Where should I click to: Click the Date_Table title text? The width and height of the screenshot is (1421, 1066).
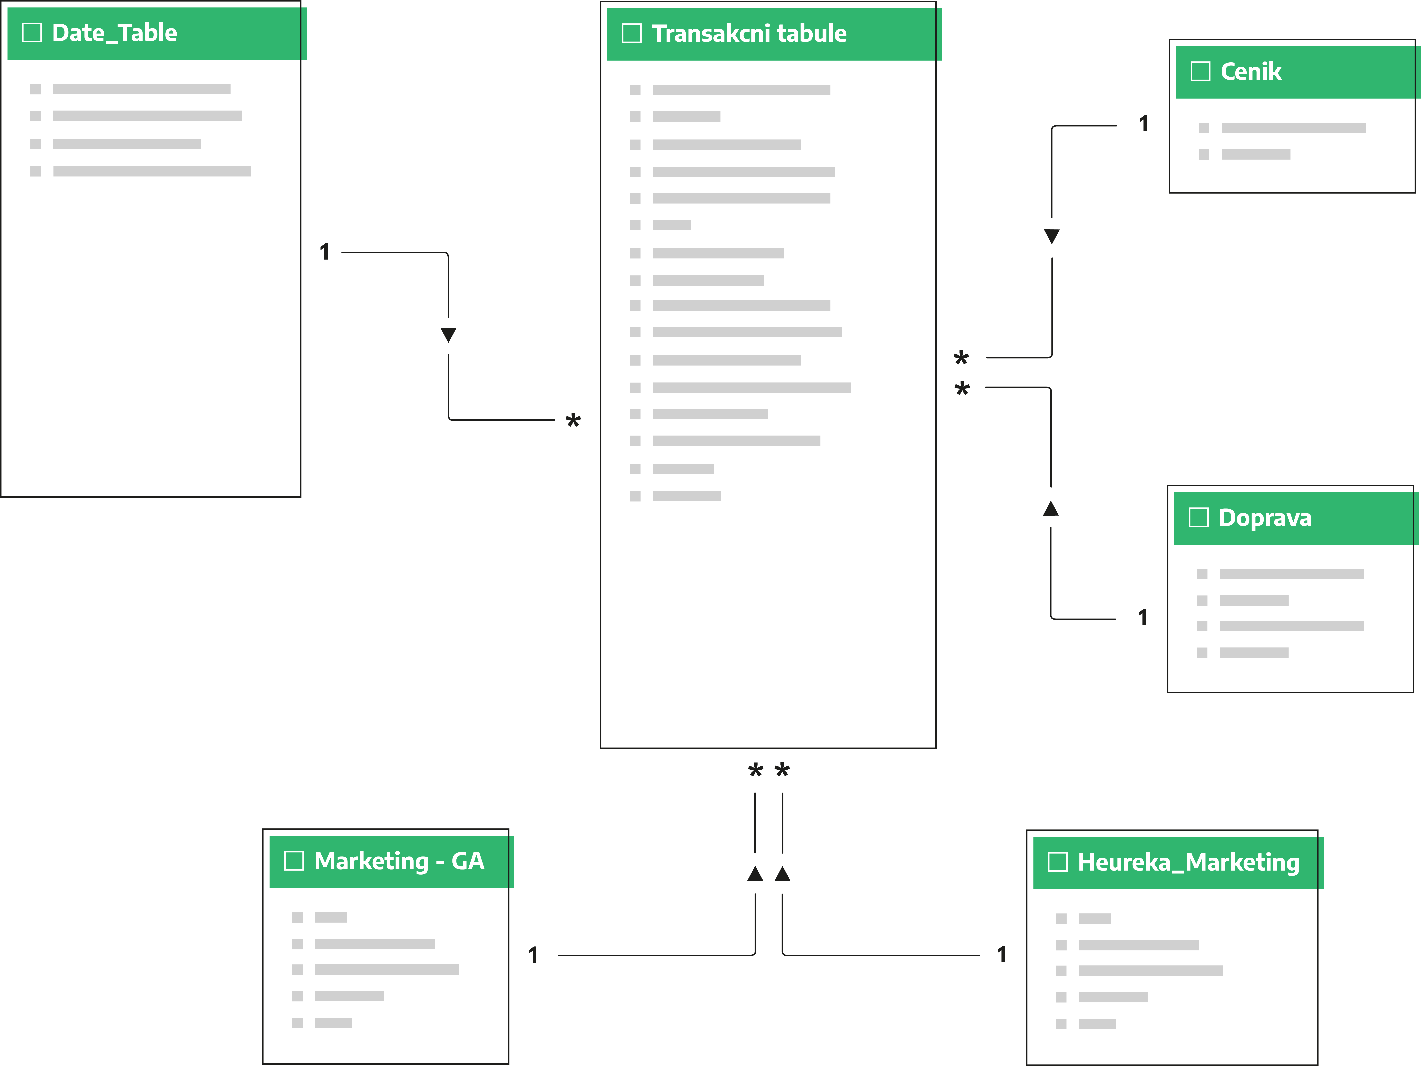coord(114,33)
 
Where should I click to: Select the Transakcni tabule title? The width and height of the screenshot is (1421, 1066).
coord(749,33)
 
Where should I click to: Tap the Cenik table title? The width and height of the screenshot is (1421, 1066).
coord(1251,71)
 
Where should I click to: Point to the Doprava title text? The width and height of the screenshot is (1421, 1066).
coord(1265,518)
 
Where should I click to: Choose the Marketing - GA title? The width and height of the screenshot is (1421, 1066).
coord(399,861)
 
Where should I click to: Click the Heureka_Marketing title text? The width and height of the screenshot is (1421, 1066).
coord(1188,862)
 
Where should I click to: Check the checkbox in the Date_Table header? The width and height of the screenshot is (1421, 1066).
coord(32,32)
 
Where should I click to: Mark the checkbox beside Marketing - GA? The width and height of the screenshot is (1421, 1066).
coord(294,860)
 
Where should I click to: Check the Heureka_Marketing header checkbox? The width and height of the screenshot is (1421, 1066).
coord(1057,862)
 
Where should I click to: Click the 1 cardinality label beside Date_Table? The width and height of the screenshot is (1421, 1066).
coord(324,252)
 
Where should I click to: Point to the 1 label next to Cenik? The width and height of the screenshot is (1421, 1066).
coord(1143,124)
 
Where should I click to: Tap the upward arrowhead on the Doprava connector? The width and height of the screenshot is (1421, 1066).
coord(1051,509)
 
